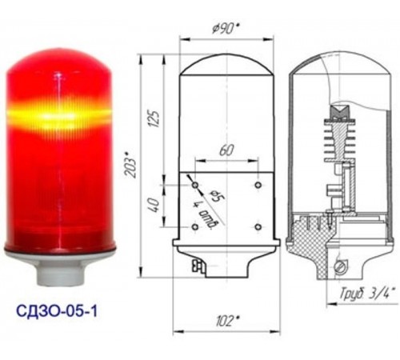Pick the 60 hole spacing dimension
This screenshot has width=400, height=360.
point(227,150)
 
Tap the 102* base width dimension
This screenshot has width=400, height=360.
point(227,321)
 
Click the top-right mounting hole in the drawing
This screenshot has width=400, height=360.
point(258,185)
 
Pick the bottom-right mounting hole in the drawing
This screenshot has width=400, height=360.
point(258,227)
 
